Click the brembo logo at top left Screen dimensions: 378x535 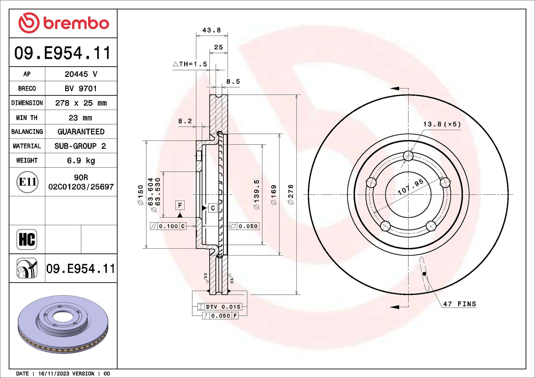(x=64, y=23)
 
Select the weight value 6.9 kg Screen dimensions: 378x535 (x=81, y=161)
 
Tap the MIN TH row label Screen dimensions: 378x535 (x=27, y=118)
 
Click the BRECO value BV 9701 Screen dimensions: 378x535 (x=81, y=89)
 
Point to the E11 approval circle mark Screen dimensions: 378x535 (x=27, y=182)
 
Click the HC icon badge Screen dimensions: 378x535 (x=27, y=240)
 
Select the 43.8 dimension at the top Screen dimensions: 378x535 (x=211, y=30)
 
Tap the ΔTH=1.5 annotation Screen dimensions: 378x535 (x=190, y=64)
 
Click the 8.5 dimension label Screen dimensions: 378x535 (x=233, y=82)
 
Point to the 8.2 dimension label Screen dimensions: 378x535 (x=185, y=121)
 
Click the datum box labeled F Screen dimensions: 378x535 (x=180, y=205)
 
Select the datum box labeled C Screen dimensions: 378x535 (x=213, y=208)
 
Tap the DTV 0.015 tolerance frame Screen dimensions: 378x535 (x=220, y=307)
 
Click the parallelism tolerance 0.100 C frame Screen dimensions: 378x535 (x=168, y=226)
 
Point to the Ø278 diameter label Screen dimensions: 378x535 (x=291, y=194)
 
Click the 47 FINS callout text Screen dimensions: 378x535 (x=459, y=304)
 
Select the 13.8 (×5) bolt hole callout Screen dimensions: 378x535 (x=442, y=124)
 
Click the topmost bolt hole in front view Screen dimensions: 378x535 (x=408, y=156)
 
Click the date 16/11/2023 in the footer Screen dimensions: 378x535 (x=53, y=374)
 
